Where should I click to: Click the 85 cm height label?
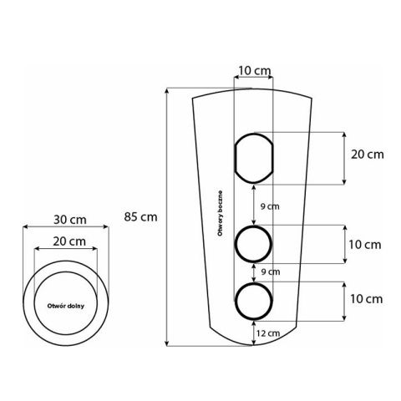click(x=140, y=217)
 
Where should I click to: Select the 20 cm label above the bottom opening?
click(x=69, y=241)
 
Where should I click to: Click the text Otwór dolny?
click(x=66, y=306)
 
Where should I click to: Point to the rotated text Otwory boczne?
click(x=220, y=213)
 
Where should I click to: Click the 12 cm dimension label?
click(x=268, y=333)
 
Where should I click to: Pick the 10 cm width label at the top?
click(x=255, y=71)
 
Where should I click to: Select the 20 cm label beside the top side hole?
click(x=368, y=155)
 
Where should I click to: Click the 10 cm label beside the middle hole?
click(x=365, y=245)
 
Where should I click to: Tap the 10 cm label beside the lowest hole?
click(x=366, y=299)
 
